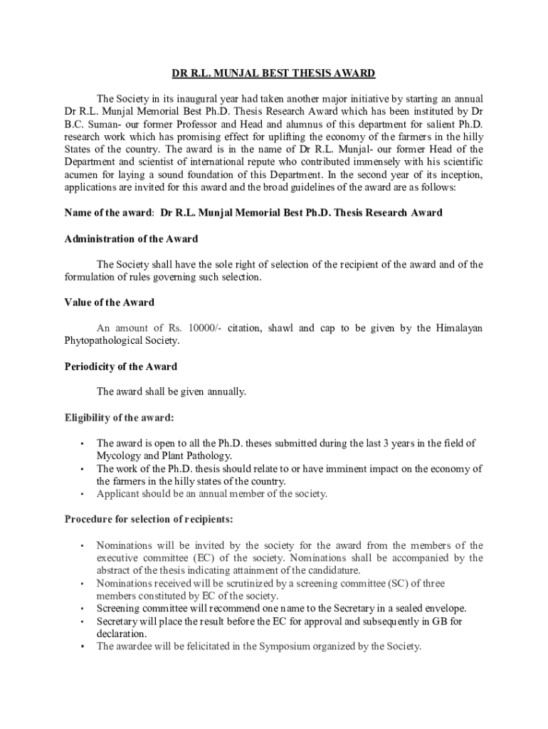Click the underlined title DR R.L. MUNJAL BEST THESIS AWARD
pos(273,73)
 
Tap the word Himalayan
pos(460,328)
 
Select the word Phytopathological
pos(102,341)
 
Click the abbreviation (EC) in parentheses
pos(203,558)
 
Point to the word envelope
pos(443,609)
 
